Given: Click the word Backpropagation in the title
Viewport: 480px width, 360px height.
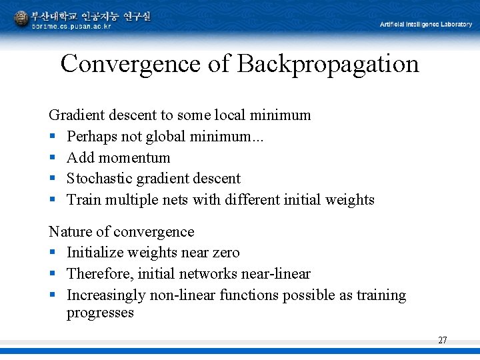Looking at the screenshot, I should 328,64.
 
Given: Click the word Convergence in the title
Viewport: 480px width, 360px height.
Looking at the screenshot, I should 131,64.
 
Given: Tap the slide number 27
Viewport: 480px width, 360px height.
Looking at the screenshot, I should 443,340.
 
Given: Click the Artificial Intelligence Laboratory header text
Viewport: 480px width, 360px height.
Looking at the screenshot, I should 426,25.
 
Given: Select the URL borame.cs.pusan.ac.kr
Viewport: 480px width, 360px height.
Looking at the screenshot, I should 71,26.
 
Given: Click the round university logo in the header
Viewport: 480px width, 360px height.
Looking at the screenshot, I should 21,19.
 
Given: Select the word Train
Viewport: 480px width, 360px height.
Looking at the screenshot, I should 83,199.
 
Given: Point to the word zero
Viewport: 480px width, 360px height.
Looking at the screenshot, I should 224,253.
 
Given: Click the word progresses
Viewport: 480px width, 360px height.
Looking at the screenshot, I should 100,313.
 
